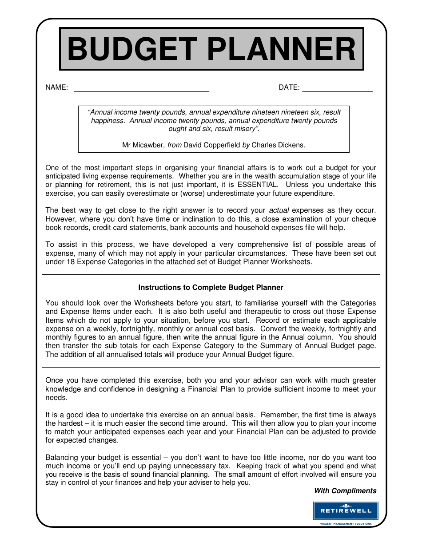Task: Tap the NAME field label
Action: pyautogui.click(x=56, y=87)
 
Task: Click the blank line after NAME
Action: pyautogui.click(x=141, y=88)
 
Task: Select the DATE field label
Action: pyautogui.click(x=289, y=87)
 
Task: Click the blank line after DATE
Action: pyautogui.click(x=337, y=88)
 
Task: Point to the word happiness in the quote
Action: pyautogui.click(x=108, y=121)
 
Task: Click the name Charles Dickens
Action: pyautogui.click(x=279, y=145)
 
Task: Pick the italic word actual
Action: pyautogui.click(x=279, y=210)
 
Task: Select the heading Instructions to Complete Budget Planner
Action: pyautogui.click(x=211, y=288)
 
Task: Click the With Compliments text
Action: pyautogui.click(x=345, y=491)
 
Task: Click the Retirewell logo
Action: pyautogui.click(x=346, y=511)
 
